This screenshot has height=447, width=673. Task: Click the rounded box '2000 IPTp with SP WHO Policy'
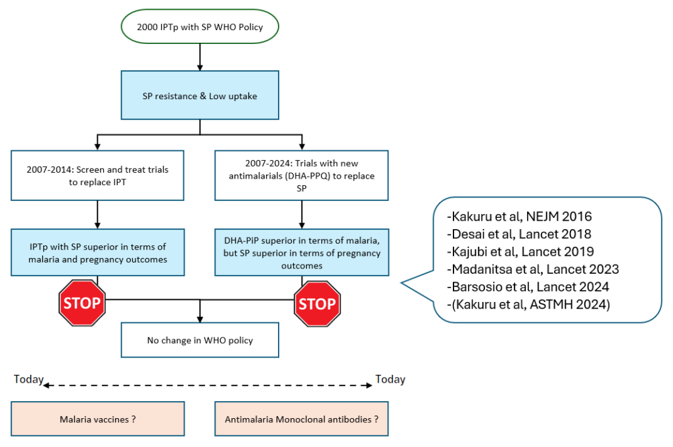click(x=199, y=26)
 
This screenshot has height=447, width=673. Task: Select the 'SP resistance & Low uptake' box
click(x=200, y=96)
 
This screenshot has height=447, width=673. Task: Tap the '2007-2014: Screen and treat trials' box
click(x=98, y=175)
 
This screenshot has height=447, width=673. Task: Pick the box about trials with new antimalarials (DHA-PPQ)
click(x=302, y=175)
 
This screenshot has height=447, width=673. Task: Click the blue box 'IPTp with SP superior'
click(x=98, y=253)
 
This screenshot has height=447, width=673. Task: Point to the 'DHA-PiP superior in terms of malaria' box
click(x=302, y=253)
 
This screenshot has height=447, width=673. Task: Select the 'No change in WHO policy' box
click(x=200, y=340)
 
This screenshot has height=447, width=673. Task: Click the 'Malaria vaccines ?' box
click(x=98, y=418)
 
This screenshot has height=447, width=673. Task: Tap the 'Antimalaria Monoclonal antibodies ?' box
click(x=302, y=418)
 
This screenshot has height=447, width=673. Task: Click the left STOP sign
click(x=81, y=302)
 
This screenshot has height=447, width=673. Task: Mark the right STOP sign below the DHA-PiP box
click(x=317, y=303)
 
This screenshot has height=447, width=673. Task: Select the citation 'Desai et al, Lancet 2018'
click(x=519, y=234)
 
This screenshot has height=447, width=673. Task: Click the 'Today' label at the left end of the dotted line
click(x=28, y=379)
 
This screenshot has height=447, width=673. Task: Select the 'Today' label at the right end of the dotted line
click(x=390, y=379)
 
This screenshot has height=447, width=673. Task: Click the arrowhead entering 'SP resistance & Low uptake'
click(x=200, y=67)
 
